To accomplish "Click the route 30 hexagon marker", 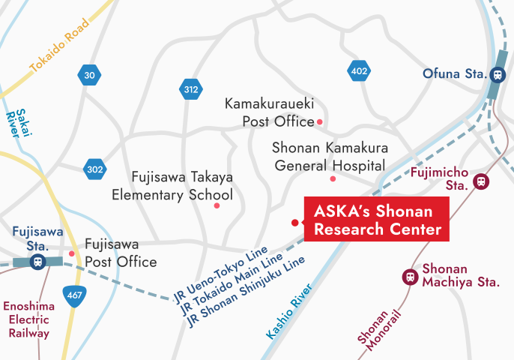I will click(x=89, y=75).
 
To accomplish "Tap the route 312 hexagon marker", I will click(x=191, y=90).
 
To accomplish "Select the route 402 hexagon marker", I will click(x=359, y=71).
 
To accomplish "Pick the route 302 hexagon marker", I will click(x=94, y=169).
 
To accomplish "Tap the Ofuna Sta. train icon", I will click(x=497, y=73).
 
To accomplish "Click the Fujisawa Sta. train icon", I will click(x=37, y=262).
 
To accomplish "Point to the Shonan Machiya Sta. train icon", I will click(x=410, y=276).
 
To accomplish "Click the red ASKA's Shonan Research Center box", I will click(x=375, y=219).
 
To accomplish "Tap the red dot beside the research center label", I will click(x=295, y=223).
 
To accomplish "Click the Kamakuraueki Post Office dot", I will click(x=320, y=121).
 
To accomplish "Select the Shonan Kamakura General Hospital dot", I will click(x=333, y=178).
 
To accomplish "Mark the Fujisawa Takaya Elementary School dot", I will click(x=217, y=205).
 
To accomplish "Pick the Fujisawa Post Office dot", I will click(x=72, y=253).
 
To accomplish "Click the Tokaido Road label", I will click(x=60, y=46).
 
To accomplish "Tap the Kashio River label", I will click(x=288, y=313).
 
